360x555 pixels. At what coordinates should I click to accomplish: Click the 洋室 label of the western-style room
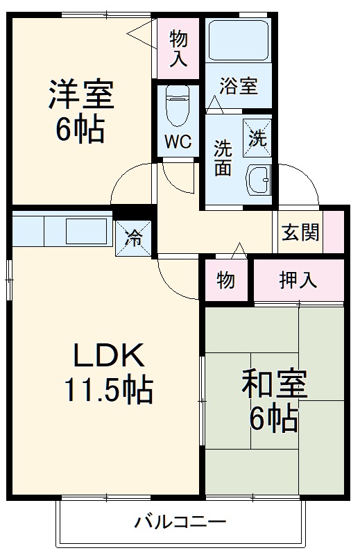click(x=80, y=96)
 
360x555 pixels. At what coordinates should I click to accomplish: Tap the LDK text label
click(x=109, y=357)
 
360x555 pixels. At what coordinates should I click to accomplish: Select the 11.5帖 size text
click(x=109, y=391)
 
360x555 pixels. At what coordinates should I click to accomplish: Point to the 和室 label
click(x=273, y=385)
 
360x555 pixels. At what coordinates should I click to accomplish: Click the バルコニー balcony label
click(x=180, y=521)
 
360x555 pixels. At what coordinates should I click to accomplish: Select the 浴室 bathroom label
click(x=239, y=86)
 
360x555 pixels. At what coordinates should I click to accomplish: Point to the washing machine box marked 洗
click(x=257, y=137)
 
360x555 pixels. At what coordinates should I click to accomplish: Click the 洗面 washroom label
click(x=223, y=157)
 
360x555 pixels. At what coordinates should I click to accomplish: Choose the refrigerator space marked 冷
click(x=132, y=237)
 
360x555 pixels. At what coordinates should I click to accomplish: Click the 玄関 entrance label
click(x=300, y=232)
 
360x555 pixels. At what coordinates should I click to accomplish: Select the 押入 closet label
click(x=298, y=280)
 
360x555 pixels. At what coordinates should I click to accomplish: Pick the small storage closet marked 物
click(x=225, y=280)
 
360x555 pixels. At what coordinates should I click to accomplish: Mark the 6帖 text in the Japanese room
click(x=273, y=418)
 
